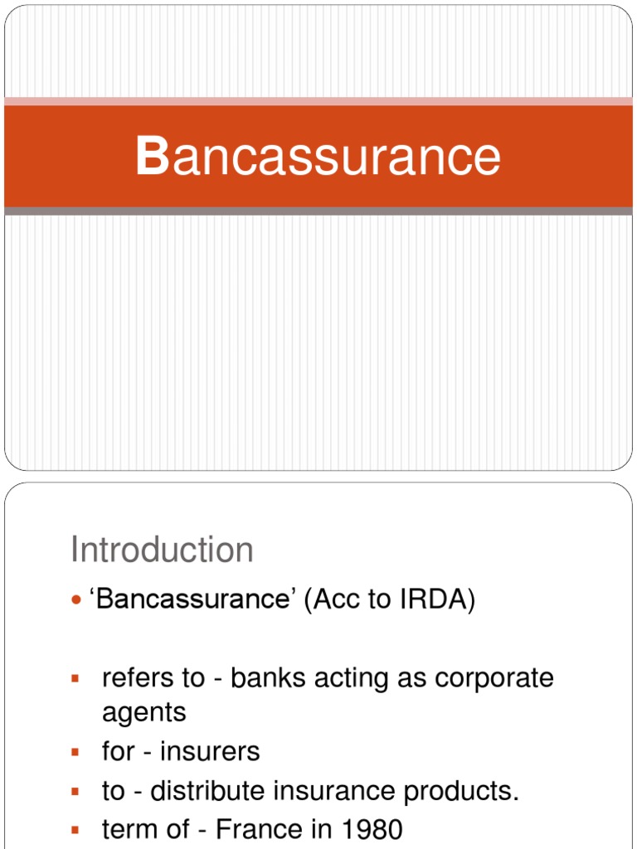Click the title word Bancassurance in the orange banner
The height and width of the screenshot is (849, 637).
(318, 157)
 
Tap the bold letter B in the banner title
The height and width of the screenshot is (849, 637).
(153, 157)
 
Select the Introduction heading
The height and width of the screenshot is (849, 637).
(162, 550)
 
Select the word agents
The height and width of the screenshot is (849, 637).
(143, 712)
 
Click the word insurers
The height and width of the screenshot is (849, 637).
(210, 751)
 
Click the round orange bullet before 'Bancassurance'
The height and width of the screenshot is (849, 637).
(76, 599)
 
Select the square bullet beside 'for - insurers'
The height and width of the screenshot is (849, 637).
(75, 751)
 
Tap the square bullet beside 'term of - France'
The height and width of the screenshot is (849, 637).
(75, 829)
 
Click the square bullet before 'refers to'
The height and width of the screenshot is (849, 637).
(75, 678)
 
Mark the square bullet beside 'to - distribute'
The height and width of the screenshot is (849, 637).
(75, 790)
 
